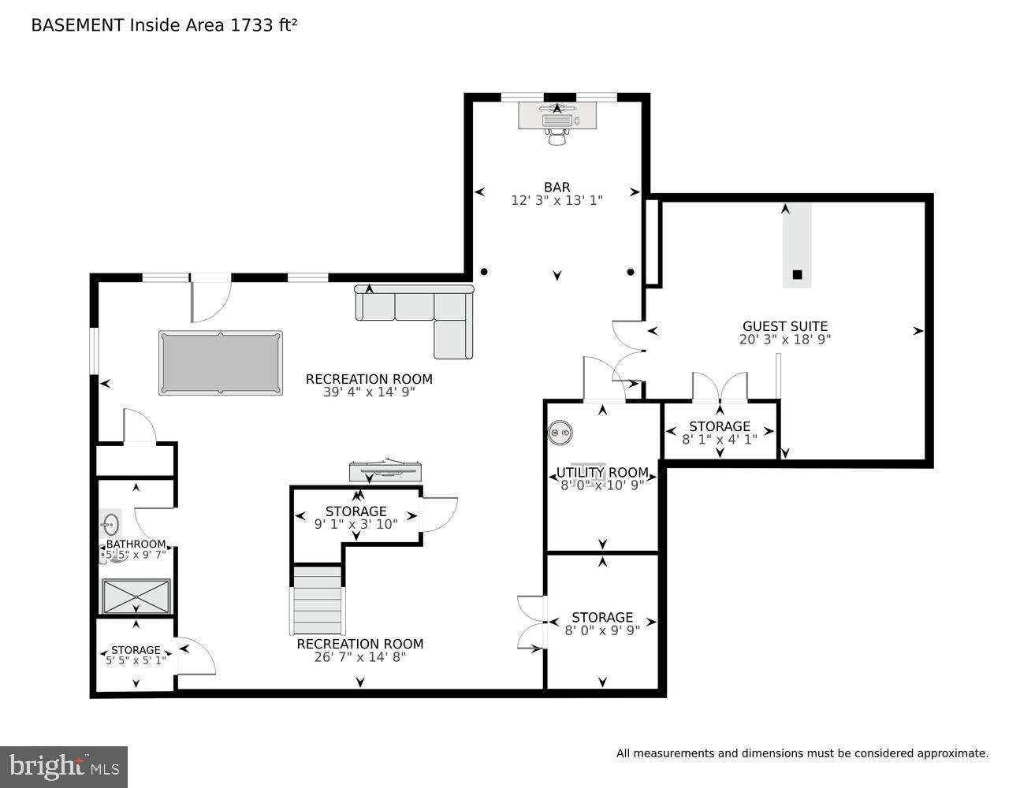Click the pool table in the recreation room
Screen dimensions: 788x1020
click(221, 362)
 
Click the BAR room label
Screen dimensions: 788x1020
click(557, 187)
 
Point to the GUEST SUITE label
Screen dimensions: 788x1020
click(785, 326)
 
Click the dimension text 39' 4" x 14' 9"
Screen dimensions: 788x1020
click(369, 392)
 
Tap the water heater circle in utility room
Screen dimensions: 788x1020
click(560, 433)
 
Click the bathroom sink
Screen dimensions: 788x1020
click(110, 523)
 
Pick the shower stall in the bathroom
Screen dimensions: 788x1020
click(136, 597)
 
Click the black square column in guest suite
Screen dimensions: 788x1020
click(797, 274)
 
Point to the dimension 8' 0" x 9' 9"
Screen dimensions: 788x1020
click(602, 630)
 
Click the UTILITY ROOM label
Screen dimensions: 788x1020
click(602, 473)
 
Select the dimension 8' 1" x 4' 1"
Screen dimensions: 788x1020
click(719, 440)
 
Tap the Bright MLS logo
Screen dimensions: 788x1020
click(63, 766)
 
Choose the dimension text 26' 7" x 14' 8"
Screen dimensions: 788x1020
click(359, 656)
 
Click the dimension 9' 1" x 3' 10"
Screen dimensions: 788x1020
click(356, 523)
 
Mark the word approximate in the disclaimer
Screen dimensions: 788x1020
click(951, 754)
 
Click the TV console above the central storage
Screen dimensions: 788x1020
click(385, 471)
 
